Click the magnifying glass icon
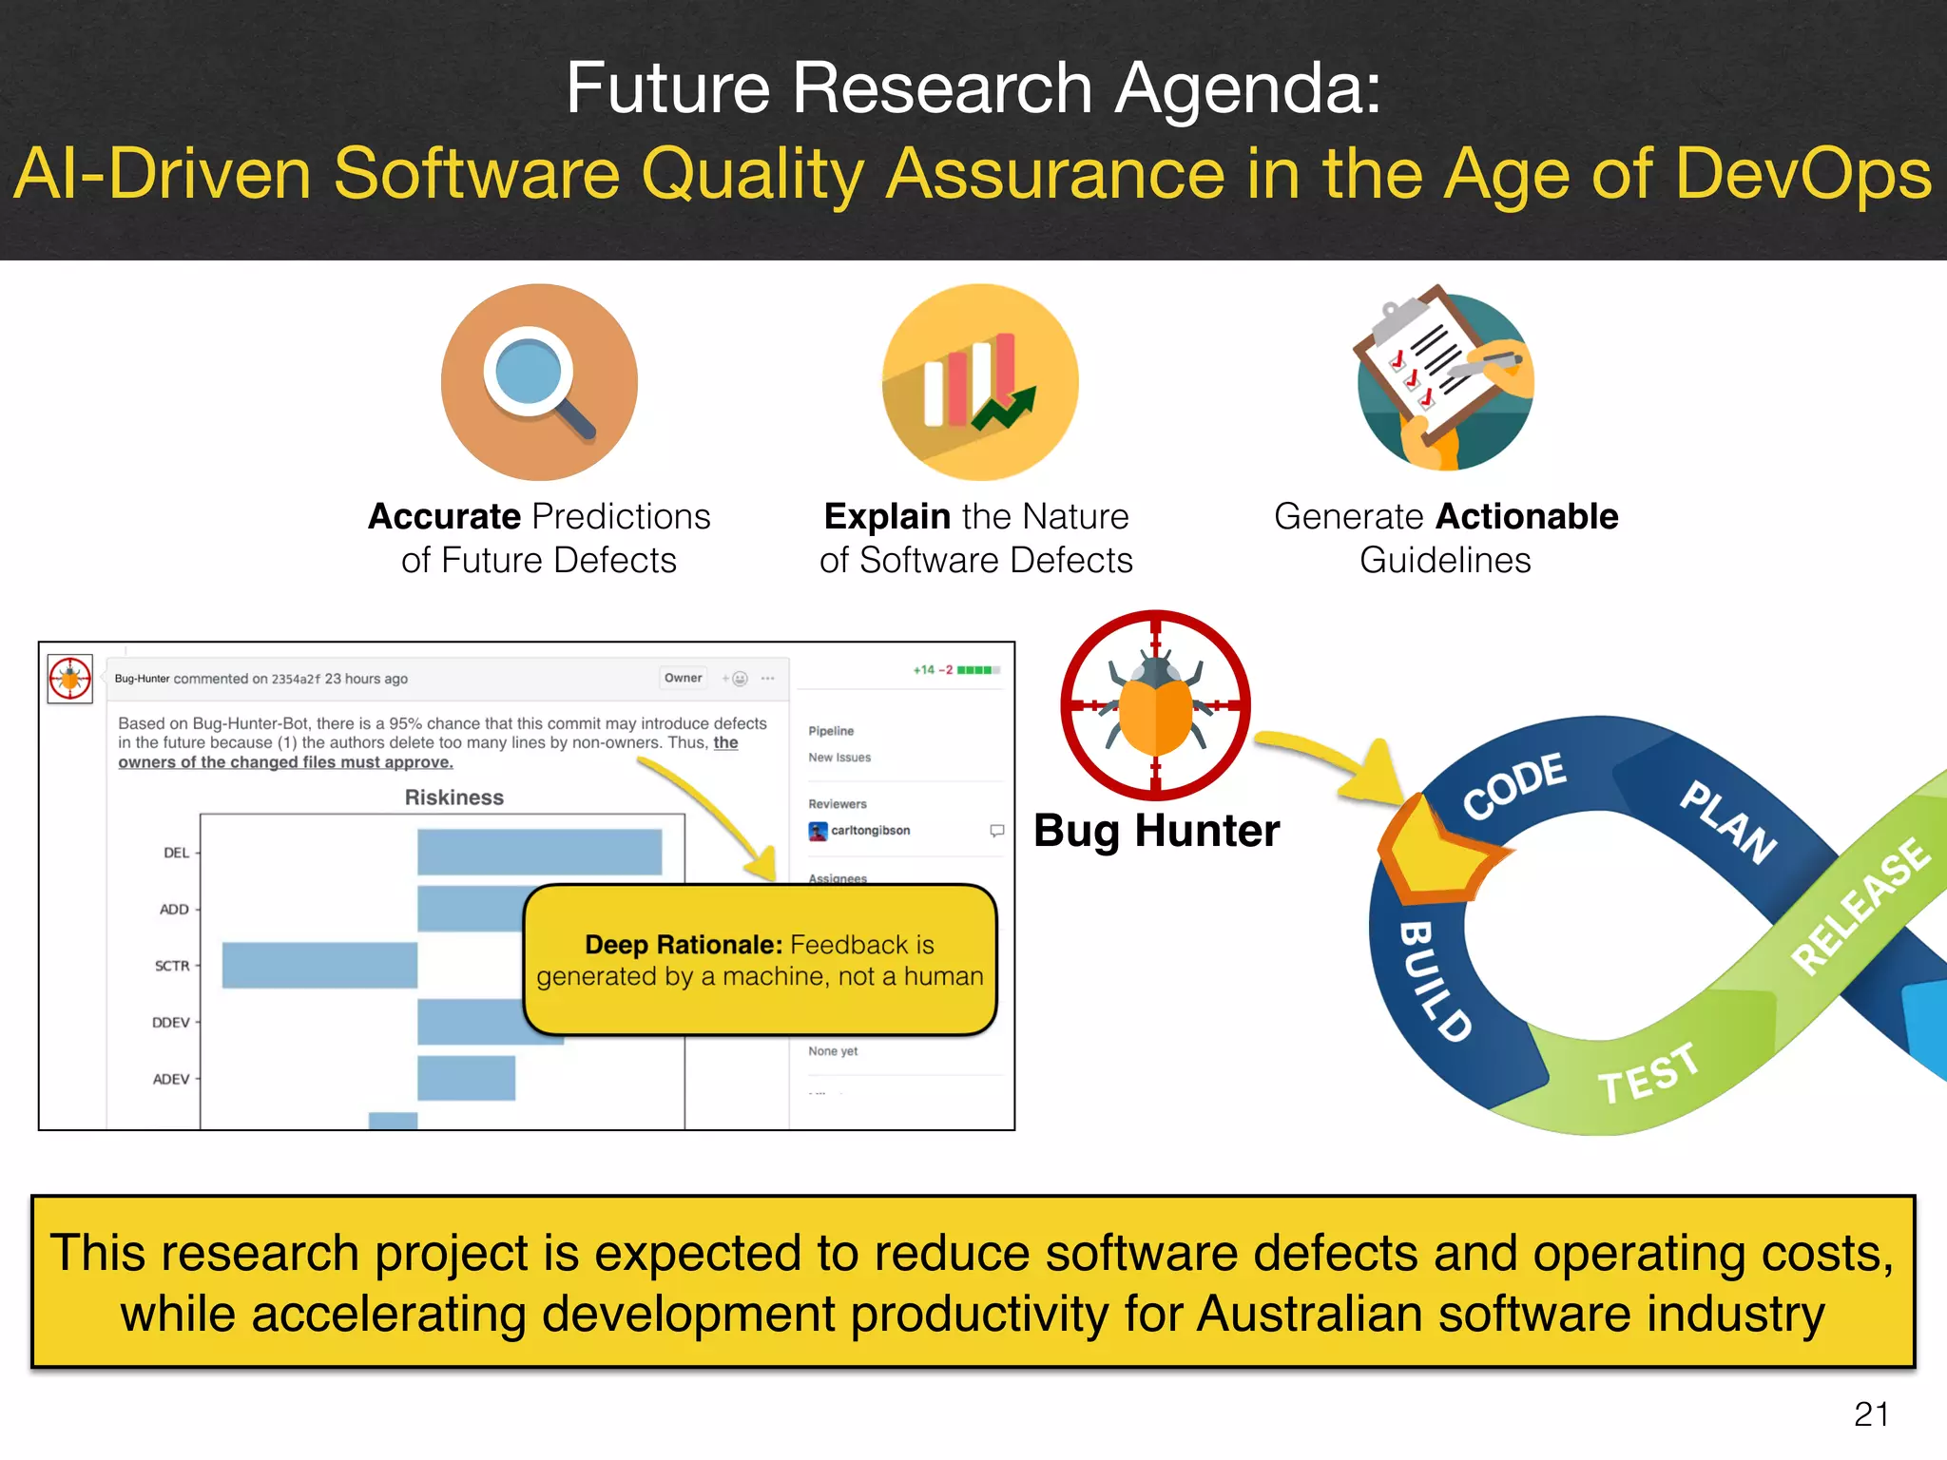pos(539,381)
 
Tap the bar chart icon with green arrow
pos(980,381)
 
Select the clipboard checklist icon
pos(1445,380)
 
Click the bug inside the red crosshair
pos(1155,704)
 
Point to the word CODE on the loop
pos(1513,785)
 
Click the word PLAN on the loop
pos(1728,821)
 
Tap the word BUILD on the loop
pos(1434,981)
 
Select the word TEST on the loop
pos(1648,1073)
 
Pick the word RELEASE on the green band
pos(1860,906)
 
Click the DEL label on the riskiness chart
pos(176,853)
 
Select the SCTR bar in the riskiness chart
pos(319,965)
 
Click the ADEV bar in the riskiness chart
pos(466,1078)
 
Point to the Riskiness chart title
pos(454,797)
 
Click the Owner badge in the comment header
pos(683,678)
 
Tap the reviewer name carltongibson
pos(870,830)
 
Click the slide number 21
pos(1871,1414)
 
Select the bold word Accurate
pos(457,516)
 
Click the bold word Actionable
pos(1528,516)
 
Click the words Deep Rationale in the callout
pos(683,945)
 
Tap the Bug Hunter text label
pos(1156,831)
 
